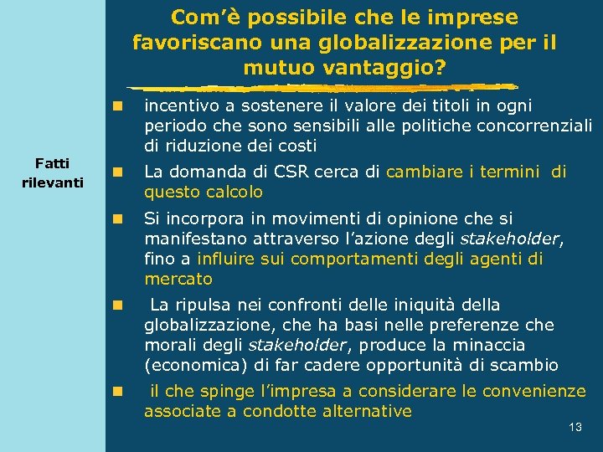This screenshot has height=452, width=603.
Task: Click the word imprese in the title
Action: pyautogui.click(x=477, y=17)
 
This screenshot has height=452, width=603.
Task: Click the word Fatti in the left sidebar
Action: pyautogui.click(x=52, y=163)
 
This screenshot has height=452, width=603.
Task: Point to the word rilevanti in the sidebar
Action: pyautogui.click(x=52, y=182)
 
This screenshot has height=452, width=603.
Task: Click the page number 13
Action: pyautogui.click(x=575, y=427)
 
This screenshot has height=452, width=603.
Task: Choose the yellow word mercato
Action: pyautogui.click(x=178, y=279)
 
